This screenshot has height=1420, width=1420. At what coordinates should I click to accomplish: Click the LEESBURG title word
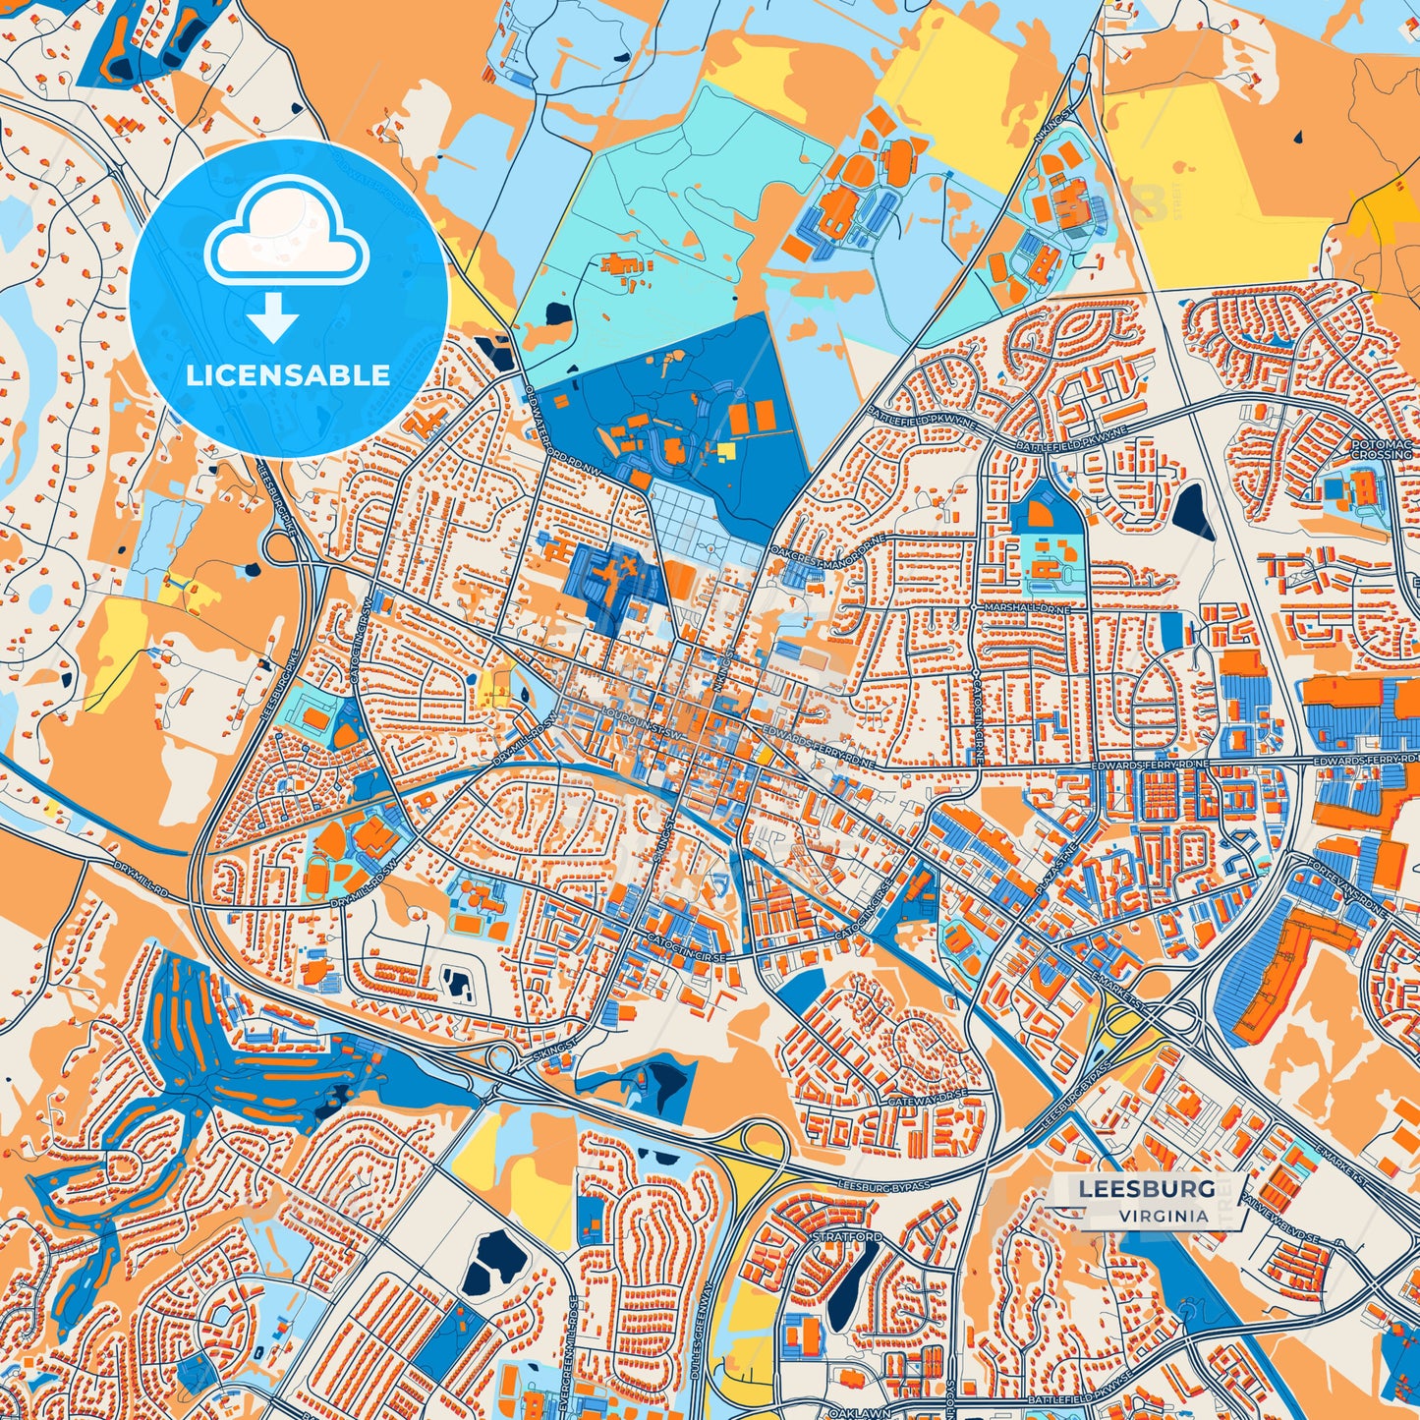pos(1147,1188)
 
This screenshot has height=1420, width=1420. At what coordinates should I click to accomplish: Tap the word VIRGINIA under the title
pos(1163,1216)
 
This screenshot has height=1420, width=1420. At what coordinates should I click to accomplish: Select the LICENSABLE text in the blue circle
pos(288,375)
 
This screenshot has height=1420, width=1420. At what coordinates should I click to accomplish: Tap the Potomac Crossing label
pos(1381,450)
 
